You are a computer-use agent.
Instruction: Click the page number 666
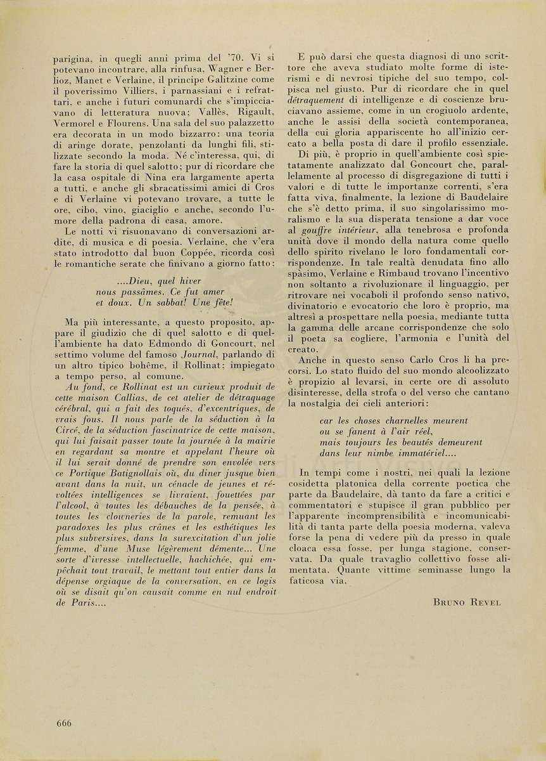click(x=63, y=724)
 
